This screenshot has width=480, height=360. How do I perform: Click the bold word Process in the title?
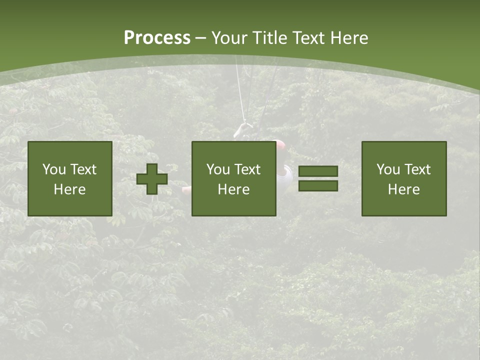click(x=157, y=38)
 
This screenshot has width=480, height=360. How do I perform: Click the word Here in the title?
click(x=350, y=38)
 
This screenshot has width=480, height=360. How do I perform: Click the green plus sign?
click(x=152, y=179)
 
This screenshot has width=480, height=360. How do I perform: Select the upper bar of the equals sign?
click(x=318, y=171)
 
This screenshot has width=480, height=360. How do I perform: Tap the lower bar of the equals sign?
click(x=318, y=186)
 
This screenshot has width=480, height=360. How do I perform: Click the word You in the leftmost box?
click(x=54, y=169)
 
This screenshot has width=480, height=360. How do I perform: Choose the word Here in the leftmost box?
click(x=69, y=189)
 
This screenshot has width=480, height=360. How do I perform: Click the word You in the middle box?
click(x=218, y=169)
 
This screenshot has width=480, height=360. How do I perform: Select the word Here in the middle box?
click(x=233, y=189)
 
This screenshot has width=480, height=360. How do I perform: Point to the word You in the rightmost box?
click(x=388, y=169)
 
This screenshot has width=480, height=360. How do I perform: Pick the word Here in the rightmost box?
click(x=403, y=189)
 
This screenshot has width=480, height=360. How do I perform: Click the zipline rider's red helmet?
click(x=280, y=145)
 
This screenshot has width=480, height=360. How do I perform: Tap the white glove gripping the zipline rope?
click(x=241, y=129)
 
